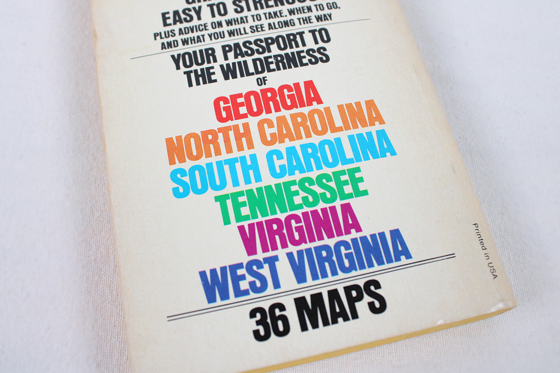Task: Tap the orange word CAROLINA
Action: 322,124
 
